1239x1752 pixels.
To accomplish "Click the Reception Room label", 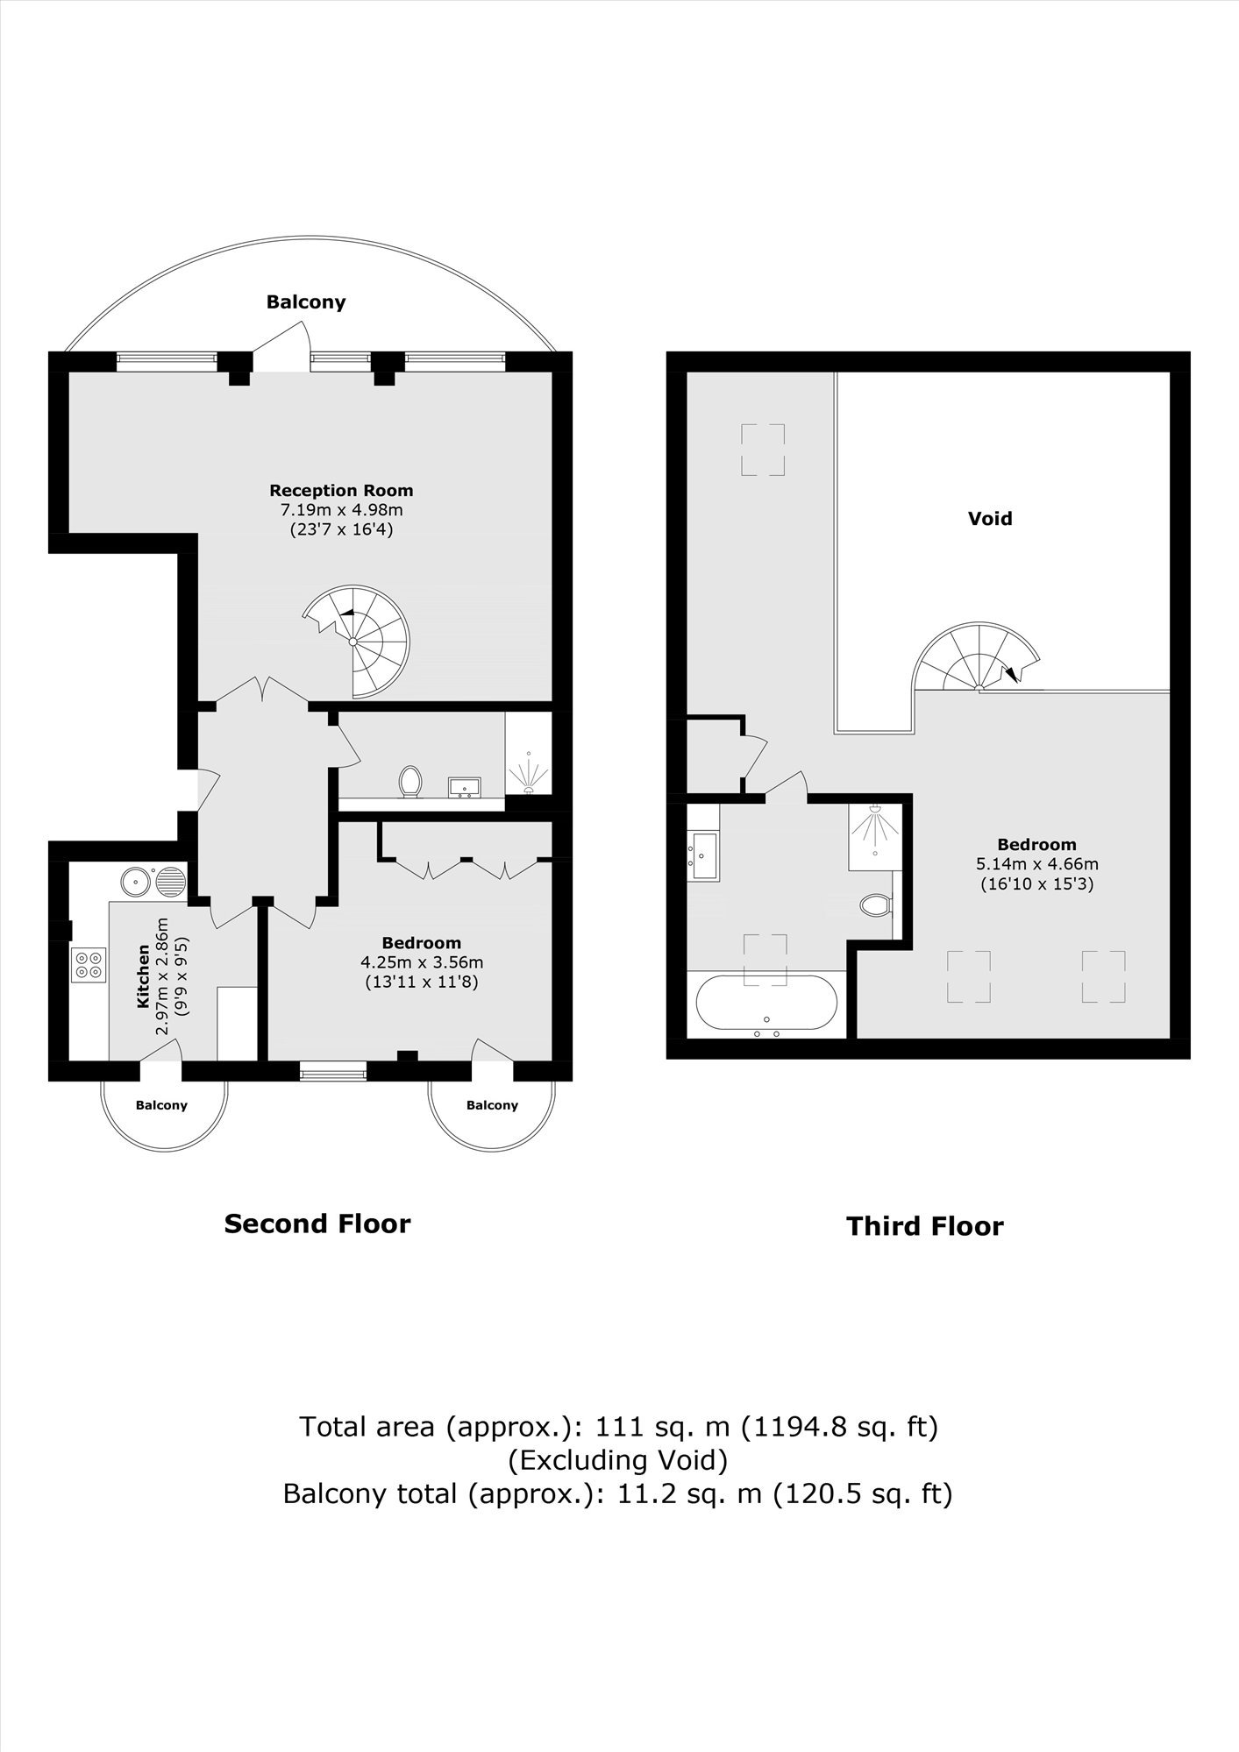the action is click(341, 491).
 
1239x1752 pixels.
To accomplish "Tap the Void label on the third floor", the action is click(990, 518).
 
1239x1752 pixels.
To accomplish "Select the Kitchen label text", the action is click(144, 975).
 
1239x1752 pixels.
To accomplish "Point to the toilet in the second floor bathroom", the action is click(409, 781).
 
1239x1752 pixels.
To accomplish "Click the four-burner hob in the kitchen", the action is click(88, 965).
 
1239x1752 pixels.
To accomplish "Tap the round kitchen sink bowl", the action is click(136, 880).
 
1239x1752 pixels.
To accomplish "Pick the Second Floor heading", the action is click(317, 1224).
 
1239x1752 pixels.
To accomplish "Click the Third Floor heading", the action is click(924, 1226).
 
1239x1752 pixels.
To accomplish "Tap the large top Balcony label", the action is click(306, 302).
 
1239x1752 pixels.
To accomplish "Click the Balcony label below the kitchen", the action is click(161, 1105).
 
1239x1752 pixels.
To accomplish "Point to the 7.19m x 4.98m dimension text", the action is click(341, 510).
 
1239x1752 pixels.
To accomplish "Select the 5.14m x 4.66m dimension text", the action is click(1037, 864).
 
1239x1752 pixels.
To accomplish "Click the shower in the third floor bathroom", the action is click(874, 837).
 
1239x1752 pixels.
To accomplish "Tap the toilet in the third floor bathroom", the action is click(875, 904).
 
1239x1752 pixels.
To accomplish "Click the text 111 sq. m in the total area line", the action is click(663, 1427).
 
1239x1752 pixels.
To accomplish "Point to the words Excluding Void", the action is click(619, 1460).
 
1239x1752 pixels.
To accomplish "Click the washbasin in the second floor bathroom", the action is click(464, 787).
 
